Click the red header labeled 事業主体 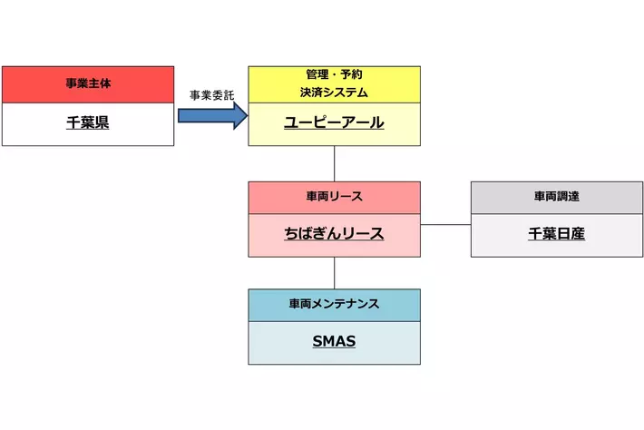click(x=88, y=84)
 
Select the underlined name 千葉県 click(x=88, y=123)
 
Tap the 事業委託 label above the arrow click(x=211, y=95)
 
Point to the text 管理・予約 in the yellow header click(x=334, y=74)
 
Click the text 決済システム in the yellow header click(x=334, y=92)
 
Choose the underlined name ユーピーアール click(x=334, y=123)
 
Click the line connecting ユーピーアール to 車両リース click(x=335, y=163)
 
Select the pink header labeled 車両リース click(x=334, y=197)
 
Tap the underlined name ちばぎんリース click(x=334, y=234)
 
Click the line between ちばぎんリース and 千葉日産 click(x=445, y=224)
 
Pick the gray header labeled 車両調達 click(x=556, y=197)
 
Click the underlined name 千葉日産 click(x=556, y=234)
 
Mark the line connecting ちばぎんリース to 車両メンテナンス click(x=335, y=272)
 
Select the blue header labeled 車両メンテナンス click(x=334, y=305)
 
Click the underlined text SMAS click(x=334, y=342)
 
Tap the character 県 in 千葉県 click(x=102, y=123)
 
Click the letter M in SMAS click(x=328, y=342)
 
